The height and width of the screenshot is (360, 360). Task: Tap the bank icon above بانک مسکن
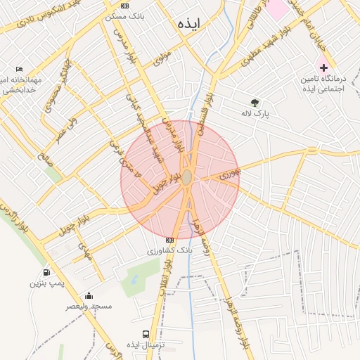click(x=125, y=6)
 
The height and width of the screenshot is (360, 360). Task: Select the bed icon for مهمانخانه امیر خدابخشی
click(x=19, y=69)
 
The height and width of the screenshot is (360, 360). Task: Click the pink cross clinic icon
click(x=323, y=67)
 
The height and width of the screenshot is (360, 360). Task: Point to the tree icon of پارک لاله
click(x=255, y=102)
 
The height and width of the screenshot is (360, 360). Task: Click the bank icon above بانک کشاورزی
click(x=169, y=240)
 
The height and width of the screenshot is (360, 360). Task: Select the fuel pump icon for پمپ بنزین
click(x=46, y=272)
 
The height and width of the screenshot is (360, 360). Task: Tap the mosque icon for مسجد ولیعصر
click(x=89, y=295)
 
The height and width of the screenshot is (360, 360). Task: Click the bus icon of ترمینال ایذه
click(x=146, y=334)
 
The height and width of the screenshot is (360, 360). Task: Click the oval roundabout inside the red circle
click(x=186, y=177)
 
